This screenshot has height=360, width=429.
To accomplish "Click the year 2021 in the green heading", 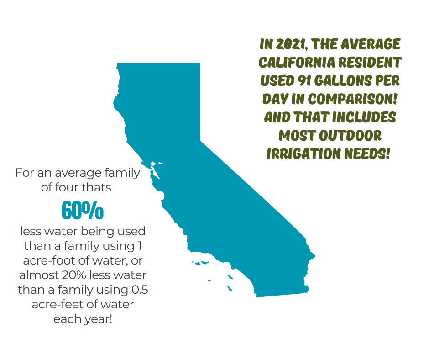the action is [x=291, y=44].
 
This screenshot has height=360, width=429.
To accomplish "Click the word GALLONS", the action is [x=343, y=81].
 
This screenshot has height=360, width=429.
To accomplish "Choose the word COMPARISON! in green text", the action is [x=352, y=99].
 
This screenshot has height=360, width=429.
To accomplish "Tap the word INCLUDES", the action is [x=364, y=117].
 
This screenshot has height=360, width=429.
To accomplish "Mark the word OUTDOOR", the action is [x=350, y=136].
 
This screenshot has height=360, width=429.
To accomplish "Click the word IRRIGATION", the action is [x=303, y=154].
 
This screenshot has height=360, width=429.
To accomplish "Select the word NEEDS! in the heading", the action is [x=367, y=154].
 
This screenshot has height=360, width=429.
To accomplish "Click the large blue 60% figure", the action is [x=83, y=211].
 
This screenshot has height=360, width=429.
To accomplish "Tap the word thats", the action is [x=96, y=188].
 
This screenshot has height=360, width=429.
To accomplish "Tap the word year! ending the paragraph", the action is [x=99, y=319].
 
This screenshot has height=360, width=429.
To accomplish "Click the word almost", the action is [x=39, y=275].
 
